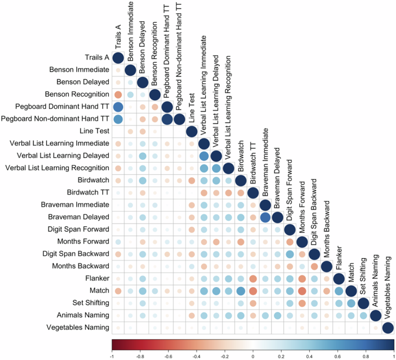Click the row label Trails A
pos(97,58)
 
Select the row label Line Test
pos(94,131)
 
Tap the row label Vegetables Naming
pos(78,328)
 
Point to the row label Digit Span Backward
pos(76,254)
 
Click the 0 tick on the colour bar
pos(253,357)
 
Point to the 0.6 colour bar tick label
pos(338,357)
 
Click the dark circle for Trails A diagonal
pos(118,58)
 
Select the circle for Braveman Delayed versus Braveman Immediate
pos(265,218)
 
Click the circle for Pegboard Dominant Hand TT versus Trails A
pos(118,107)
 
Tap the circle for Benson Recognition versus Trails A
pos(118,95)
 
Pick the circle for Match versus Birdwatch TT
pos(253,291)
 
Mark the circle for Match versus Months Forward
pos(302,291)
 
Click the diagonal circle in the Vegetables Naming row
pos(388,328)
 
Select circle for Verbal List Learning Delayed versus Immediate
pos(204,156)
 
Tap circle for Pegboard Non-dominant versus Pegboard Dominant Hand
pos(167,119)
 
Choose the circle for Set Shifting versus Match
pos(351,303)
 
